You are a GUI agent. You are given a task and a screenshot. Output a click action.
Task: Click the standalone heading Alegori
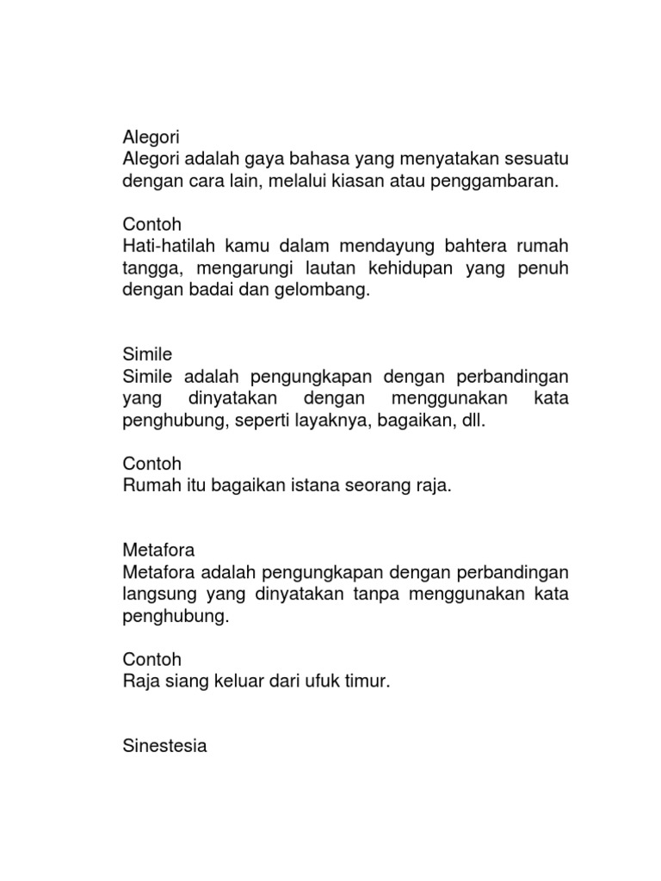click(x=151, y=137)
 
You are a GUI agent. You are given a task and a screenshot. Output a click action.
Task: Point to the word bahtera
click(x=473, y=246)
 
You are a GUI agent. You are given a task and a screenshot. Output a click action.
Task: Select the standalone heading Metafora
click(x=159, y=550)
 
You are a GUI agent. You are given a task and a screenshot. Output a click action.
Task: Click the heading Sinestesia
click(x=165, y=746)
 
